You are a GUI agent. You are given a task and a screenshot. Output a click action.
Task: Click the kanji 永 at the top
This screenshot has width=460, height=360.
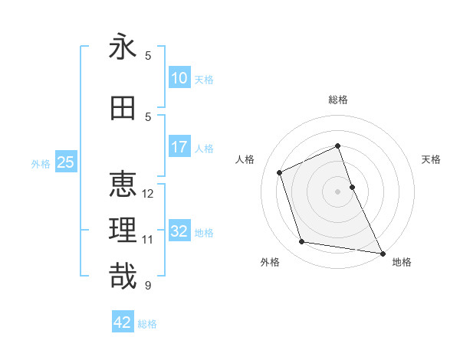(x=123, y=47)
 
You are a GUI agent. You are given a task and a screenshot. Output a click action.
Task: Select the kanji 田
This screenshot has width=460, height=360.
(x=123, y=109)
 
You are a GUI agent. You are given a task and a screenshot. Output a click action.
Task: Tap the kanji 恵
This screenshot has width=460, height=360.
(x=123, y=185)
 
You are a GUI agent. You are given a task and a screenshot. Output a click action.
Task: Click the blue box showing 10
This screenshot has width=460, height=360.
(x=179, y=78)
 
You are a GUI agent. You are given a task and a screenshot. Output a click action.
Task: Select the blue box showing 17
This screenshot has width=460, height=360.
(x=179, y=147)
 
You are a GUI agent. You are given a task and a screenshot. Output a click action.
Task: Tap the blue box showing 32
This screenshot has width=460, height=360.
(x=179, y=231)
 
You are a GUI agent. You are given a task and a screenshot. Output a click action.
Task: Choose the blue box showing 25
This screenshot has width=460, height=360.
(x=66, y=162)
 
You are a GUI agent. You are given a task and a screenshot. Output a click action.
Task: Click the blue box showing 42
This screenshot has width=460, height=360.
(x=123, y=322)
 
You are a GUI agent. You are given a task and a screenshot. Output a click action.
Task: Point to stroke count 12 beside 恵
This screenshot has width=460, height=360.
(x=148, y=194)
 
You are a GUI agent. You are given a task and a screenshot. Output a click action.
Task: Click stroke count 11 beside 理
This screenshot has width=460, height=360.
(x=148, y=240)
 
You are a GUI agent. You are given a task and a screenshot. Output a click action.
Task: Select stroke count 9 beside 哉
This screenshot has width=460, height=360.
(x=148, y=286)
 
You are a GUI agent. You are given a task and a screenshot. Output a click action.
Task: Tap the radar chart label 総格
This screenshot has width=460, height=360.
(x=338, y=100)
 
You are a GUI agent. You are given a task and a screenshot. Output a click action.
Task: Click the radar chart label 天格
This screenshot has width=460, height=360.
(x=432, y=159)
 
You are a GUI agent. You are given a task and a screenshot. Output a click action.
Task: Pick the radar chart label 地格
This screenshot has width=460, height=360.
(x=402, y=262)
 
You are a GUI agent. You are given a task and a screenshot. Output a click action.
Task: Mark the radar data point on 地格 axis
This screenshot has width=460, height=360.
(x=383, y=253)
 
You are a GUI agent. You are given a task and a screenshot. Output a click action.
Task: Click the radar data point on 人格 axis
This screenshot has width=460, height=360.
(x=280, y=172)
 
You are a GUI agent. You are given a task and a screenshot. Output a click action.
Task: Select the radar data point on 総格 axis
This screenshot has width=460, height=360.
(x=338, y=146)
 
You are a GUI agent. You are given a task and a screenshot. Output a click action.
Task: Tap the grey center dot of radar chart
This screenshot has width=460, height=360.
(x=338, y=191)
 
